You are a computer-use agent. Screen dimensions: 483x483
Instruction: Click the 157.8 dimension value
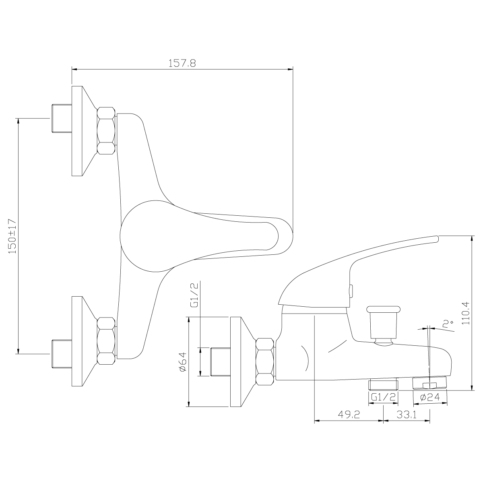coord(182,63)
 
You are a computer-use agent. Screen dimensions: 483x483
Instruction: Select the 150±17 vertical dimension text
coord(12,236)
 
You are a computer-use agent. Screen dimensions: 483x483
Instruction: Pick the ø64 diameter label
coord(183,362)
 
